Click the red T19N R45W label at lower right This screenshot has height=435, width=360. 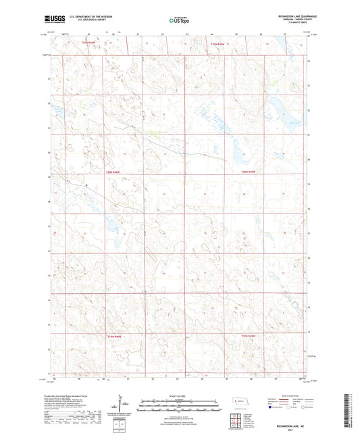coord(249,335)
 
